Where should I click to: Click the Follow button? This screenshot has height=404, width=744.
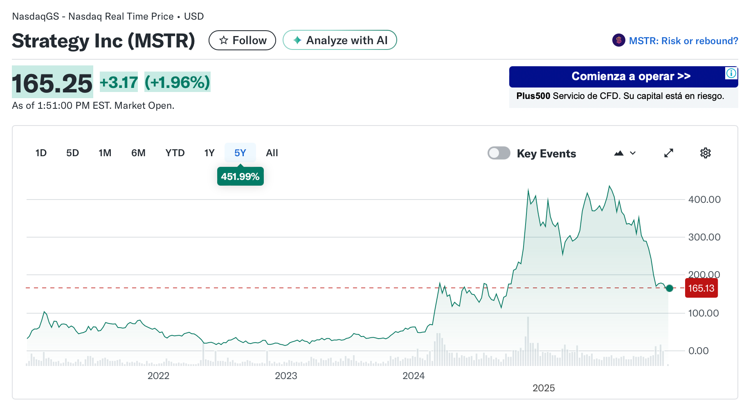tap(242, 40)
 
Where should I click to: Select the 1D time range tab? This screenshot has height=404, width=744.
tap(41, 153)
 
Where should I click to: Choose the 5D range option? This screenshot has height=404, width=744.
tap(72, 153)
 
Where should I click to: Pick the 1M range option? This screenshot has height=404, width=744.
tap(105, 153)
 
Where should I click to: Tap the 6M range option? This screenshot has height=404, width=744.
tap(138, 153)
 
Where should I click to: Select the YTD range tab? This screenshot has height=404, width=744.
tap(175, 153)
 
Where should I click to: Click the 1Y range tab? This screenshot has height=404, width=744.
tap(209, 153)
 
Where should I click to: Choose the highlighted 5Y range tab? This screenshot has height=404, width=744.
tap(240, 153)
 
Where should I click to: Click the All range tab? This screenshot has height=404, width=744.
tap(272, 153)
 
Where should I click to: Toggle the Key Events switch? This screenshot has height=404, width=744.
tap(499, 153)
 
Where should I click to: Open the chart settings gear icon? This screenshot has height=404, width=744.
tap(705, 153)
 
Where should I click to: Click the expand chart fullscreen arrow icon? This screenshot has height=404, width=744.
tap(668, 153)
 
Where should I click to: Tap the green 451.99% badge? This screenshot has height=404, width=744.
tap(240, 177)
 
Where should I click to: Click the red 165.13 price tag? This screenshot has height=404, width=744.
tap(701, 288)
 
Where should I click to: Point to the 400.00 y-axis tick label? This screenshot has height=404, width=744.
tap(704, 200)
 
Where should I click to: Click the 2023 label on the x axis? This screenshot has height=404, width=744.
tap(285, 376)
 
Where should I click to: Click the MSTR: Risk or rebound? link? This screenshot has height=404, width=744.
tap(683, 41)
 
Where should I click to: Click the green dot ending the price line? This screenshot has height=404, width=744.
tap(669, 288)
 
